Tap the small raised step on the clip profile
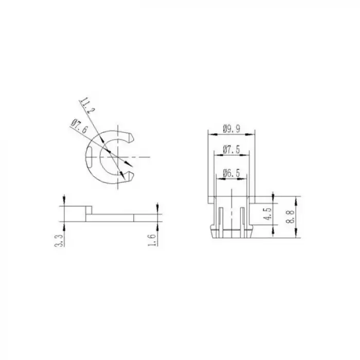(88, 210)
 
